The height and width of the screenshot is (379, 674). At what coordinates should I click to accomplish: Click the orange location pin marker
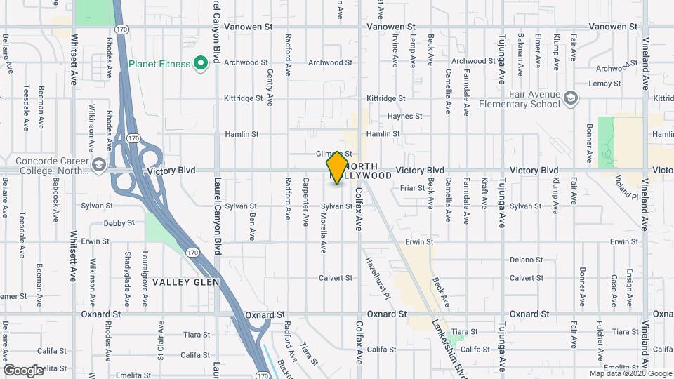[x=337, y=167]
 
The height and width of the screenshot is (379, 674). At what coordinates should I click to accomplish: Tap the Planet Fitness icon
[x=201, y=64]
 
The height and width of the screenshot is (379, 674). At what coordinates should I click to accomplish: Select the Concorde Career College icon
[x=99, y=166]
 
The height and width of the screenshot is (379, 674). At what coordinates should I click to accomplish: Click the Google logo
[x=23, y=370]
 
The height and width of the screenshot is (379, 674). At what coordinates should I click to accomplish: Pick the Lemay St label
[x=607, y=84]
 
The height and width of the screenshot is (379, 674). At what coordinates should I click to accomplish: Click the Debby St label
[x=119, y=224]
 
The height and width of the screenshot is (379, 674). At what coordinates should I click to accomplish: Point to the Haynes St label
[x=406, y=117]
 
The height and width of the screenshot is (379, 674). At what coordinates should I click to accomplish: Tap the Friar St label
[x=408, y=188]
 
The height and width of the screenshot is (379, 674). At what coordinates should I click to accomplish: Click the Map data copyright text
[x=630, y=373]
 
